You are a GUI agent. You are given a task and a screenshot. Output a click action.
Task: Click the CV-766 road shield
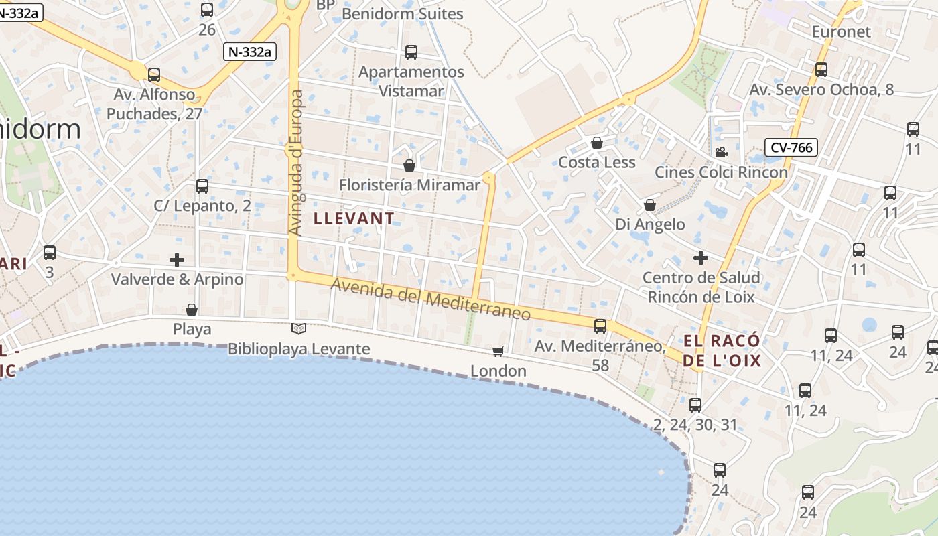[x=791, y=147]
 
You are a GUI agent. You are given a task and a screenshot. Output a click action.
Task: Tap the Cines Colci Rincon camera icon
[x=721, y=152]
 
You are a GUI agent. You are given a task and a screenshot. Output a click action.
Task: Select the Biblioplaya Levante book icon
[x=299, y=328]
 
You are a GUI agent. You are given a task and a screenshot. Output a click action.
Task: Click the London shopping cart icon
[x=498, y=350]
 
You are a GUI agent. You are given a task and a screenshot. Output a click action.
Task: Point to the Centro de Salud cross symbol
[x=701, y=257]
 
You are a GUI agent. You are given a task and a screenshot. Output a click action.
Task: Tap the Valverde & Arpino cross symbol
[x=177, y=259]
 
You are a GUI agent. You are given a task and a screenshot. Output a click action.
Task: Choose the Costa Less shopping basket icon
[x=597, y=143]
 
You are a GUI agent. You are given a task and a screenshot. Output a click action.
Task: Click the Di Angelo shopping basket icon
[x=650, y=204]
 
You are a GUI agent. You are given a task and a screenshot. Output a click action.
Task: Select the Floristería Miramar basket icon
[x=409, y=165]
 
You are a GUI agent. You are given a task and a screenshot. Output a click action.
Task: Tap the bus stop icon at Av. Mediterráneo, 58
[x=600, y=326]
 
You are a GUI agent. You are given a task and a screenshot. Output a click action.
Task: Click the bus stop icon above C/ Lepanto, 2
[x=202, y=186]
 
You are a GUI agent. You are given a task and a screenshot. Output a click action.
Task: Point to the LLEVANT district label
[x=354, y=218]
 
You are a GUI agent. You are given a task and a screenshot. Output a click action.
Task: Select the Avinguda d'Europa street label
[x=295, y=163]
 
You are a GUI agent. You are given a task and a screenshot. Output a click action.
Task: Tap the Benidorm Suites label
[x=402, y=14]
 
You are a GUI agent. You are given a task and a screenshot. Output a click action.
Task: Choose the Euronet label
[x=841, y=31]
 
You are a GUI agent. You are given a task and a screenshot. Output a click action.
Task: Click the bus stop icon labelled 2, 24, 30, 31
[x=695, y=405]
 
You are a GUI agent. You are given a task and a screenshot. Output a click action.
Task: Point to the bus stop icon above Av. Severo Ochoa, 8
[x=821, y=69]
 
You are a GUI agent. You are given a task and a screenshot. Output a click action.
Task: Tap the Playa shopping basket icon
[x=192, y=309]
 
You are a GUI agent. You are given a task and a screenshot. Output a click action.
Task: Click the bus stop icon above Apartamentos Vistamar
[x=411, y=52]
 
